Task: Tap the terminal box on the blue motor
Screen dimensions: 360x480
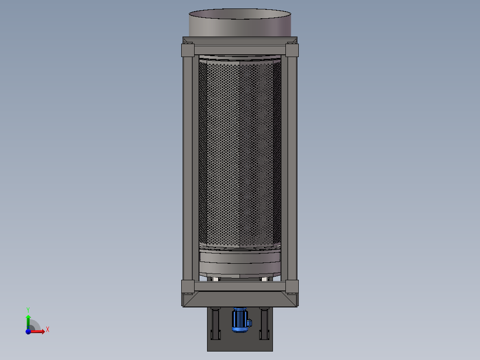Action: coord(249,322)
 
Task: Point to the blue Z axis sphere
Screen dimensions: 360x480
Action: coord(28,331)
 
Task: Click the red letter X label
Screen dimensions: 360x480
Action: coord(48,330)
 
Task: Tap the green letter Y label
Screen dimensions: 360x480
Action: coord(28,309)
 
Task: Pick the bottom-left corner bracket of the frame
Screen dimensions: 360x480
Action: coord(187,286)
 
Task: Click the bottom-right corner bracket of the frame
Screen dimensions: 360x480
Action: coord(292,286)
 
